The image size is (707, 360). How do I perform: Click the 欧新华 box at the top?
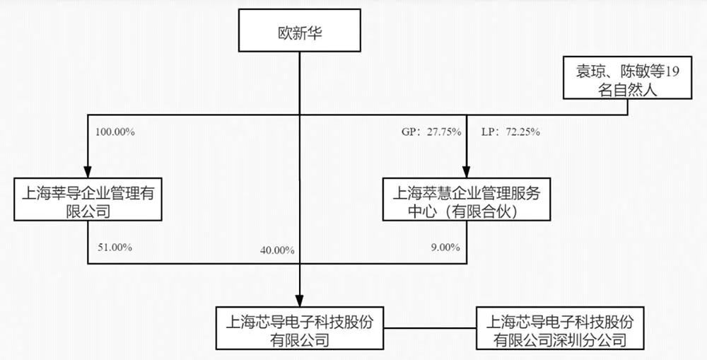click(299, 30)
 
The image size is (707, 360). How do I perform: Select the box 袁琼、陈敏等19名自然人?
click(627, 78)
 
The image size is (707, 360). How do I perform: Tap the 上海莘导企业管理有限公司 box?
click(88, 199)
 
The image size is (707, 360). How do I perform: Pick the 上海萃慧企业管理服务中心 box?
click(467, 199)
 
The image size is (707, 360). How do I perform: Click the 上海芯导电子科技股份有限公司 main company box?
click(299, 328)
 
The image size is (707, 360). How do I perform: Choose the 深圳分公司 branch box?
click(560, 328)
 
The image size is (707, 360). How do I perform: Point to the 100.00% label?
click(115, 132)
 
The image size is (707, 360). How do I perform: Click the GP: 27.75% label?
click(431, 132)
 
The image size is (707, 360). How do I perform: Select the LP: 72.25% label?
click(511, 132)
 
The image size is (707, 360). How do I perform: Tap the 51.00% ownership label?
click(115, 248)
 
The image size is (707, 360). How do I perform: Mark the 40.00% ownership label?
click(277, 250)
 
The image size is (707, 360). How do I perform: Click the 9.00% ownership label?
click(445, 248)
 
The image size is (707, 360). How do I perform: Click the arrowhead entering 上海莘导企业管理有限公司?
click(88, 172)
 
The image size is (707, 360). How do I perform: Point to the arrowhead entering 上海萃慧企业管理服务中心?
click(467, 172)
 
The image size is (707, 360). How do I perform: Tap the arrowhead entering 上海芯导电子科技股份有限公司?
click(299, 301)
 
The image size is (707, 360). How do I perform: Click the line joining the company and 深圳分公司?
click(430, 328)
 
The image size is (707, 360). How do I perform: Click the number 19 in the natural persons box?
click(672, 72)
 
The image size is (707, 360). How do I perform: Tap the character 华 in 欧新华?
click(315, 33)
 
